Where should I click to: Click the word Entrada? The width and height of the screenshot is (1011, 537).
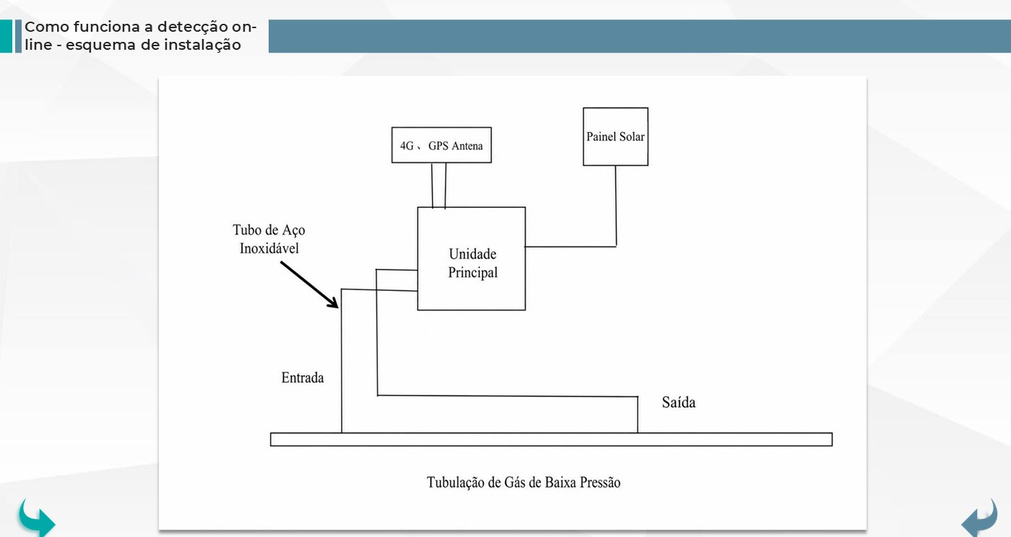click(x=303, y=377)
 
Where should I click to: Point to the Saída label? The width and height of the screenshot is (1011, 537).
click(x=678, y=402)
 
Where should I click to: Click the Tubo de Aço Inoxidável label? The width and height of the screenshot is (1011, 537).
click(x=269, y=239)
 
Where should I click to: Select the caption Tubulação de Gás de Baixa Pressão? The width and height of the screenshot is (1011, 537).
click(x=524, y=482)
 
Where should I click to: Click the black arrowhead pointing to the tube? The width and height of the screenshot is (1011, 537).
click(x=334, y=303)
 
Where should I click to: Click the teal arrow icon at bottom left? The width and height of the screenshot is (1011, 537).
click(x=37, y=519)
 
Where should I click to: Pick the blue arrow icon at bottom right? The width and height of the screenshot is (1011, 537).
click(x=979, y=519)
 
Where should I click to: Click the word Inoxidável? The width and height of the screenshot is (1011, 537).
click(x=269, y=248)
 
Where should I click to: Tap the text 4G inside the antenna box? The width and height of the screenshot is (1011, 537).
click(x=407, y=146)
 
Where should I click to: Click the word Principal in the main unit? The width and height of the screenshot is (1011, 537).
click(x=472, y=273)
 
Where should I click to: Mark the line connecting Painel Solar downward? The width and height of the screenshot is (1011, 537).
click(x=615, y=206)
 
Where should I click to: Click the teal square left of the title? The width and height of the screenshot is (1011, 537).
click(x=6, y=36)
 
